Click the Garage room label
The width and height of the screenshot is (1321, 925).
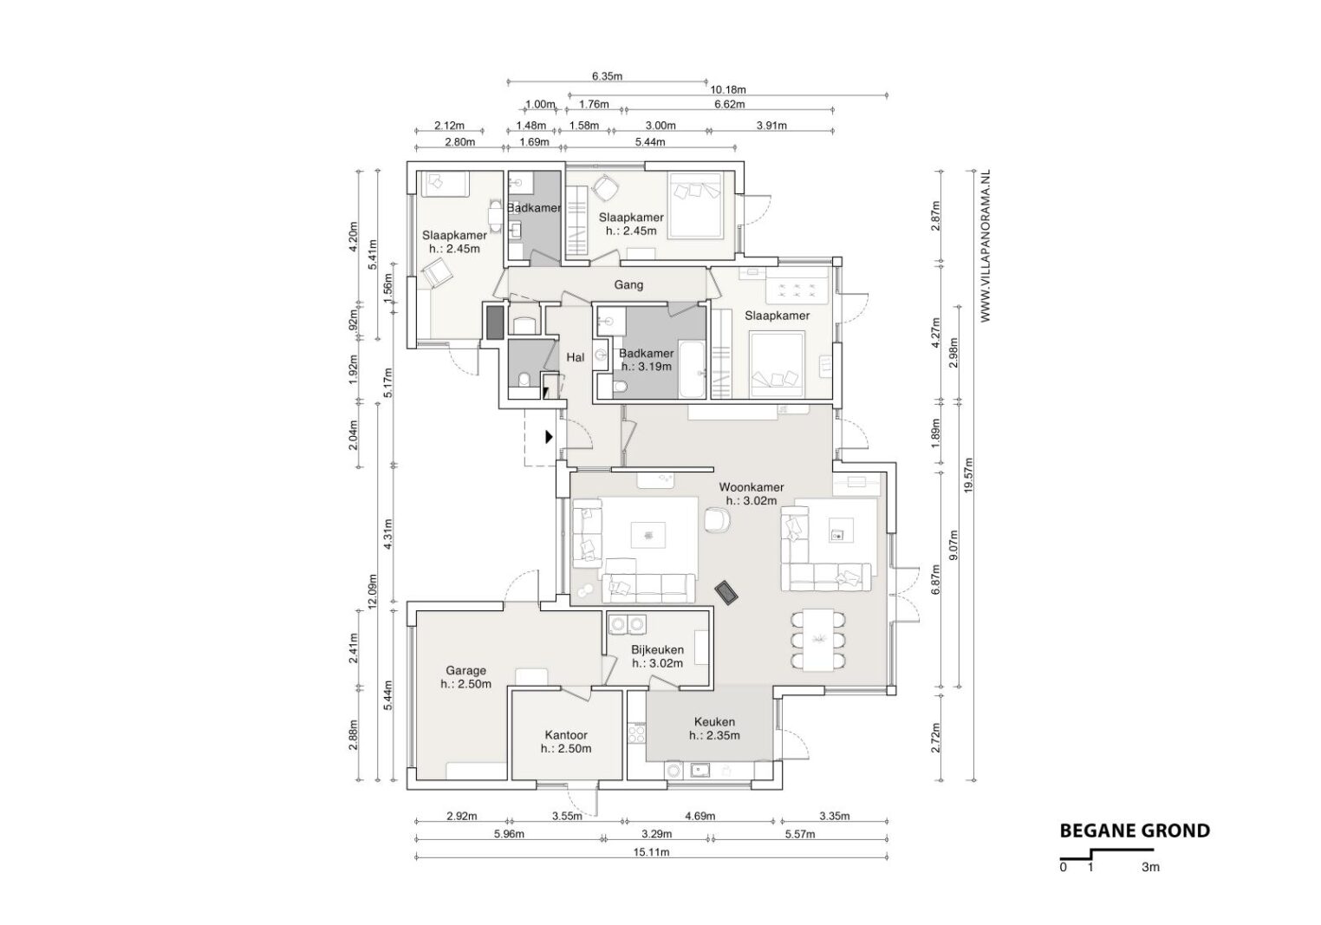tap(465, 671)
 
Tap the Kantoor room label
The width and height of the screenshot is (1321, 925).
tap(566, 736)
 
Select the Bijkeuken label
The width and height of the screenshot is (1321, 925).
tap(658, 649)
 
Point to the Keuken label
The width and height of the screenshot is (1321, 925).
tap(715, 722)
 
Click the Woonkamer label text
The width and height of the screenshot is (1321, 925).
tap(752, 487)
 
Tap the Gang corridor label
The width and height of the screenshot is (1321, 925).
tap(628, 285)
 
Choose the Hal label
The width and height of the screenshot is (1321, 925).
tap(576, 357)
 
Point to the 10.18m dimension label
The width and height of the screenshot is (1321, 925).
tap(728, 89)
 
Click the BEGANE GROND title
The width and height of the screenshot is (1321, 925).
tap(1136, 831)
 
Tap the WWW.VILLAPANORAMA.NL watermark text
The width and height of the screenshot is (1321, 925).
tap(986, 246)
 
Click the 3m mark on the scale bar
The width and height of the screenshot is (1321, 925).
tap(1150, 867)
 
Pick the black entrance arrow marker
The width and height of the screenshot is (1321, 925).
tap(549, 437)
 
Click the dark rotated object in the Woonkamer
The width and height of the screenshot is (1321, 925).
tap(726, 592)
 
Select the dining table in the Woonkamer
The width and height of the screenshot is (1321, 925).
tap(819, 640)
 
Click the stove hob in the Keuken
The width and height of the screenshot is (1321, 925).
tap(637, 733)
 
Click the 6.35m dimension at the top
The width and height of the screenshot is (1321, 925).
tap(608, 76)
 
